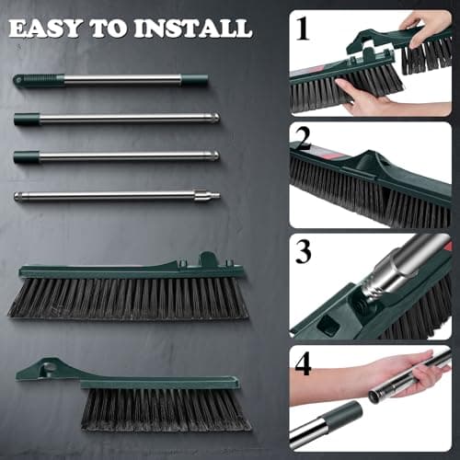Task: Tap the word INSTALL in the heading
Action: click(x=194, y=29)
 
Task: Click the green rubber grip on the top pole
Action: click(x=40, y=81)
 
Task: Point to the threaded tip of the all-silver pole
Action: click(x=213, y=194)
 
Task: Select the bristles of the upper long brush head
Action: click(x=129, y=300)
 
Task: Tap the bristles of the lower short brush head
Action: click(x=166, y=408)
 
